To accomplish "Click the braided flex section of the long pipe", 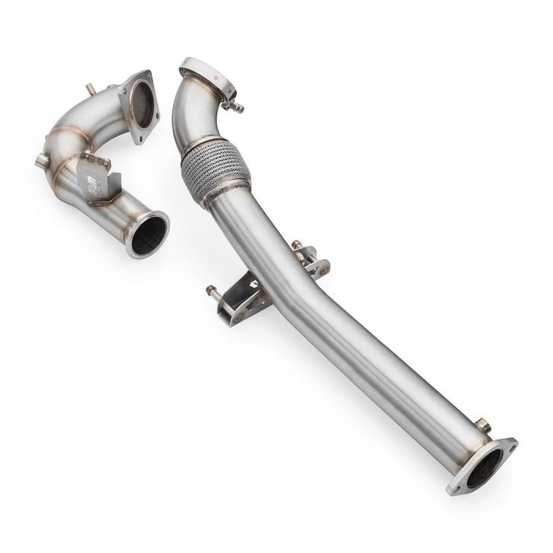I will [215, 171].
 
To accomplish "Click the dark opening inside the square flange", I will [142, 104].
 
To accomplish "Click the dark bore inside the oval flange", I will [482, 468].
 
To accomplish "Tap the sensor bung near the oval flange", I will [481, 424].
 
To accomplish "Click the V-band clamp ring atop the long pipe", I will [206, 77].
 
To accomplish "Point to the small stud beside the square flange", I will [91, 90].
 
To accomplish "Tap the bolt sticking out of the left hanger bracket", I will [212, 290].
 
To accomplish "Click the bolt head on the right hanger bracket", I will [296, 245].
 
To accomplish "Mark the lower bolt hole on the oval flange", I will [458, 488].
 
